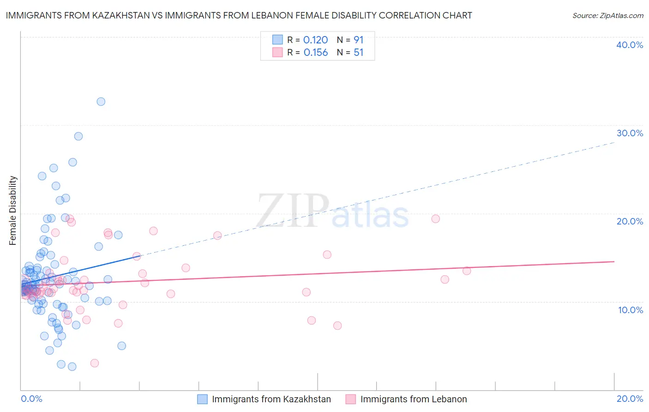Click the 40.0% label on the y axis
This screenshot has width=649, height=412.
[630, 45]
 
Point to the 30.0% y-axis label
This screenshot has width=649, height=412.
[630, 133]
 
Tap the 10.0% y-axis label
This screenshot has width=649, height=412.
[631, 310]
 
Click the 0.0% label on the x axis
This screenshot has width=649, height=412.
[31, 399]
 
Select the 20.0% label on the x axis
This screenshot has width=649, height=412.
[630, 399]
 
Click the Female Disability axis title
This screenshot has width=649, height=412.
[13, 210]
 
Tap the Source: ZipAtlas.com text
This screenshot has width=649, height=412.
[607, 15]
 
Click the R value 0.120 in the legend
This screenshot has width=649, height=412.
[316, 40]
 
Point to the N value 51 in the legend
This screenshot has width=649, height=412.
[359, 53]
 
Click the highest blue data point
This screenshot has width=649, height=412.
[101, 102]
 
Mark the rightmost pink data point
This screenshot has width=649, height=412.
[467, 271]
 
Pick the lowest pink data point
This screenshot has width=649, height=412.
[95, 363]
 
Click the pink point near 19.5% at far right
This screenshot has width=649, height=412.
[435, 219]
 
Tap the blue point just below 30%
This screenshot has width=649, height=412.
[78, 136]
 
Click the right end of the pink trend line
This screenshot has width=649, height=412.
[614, 261]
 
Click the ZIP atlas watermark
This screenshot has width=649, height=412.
[332, 212]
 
